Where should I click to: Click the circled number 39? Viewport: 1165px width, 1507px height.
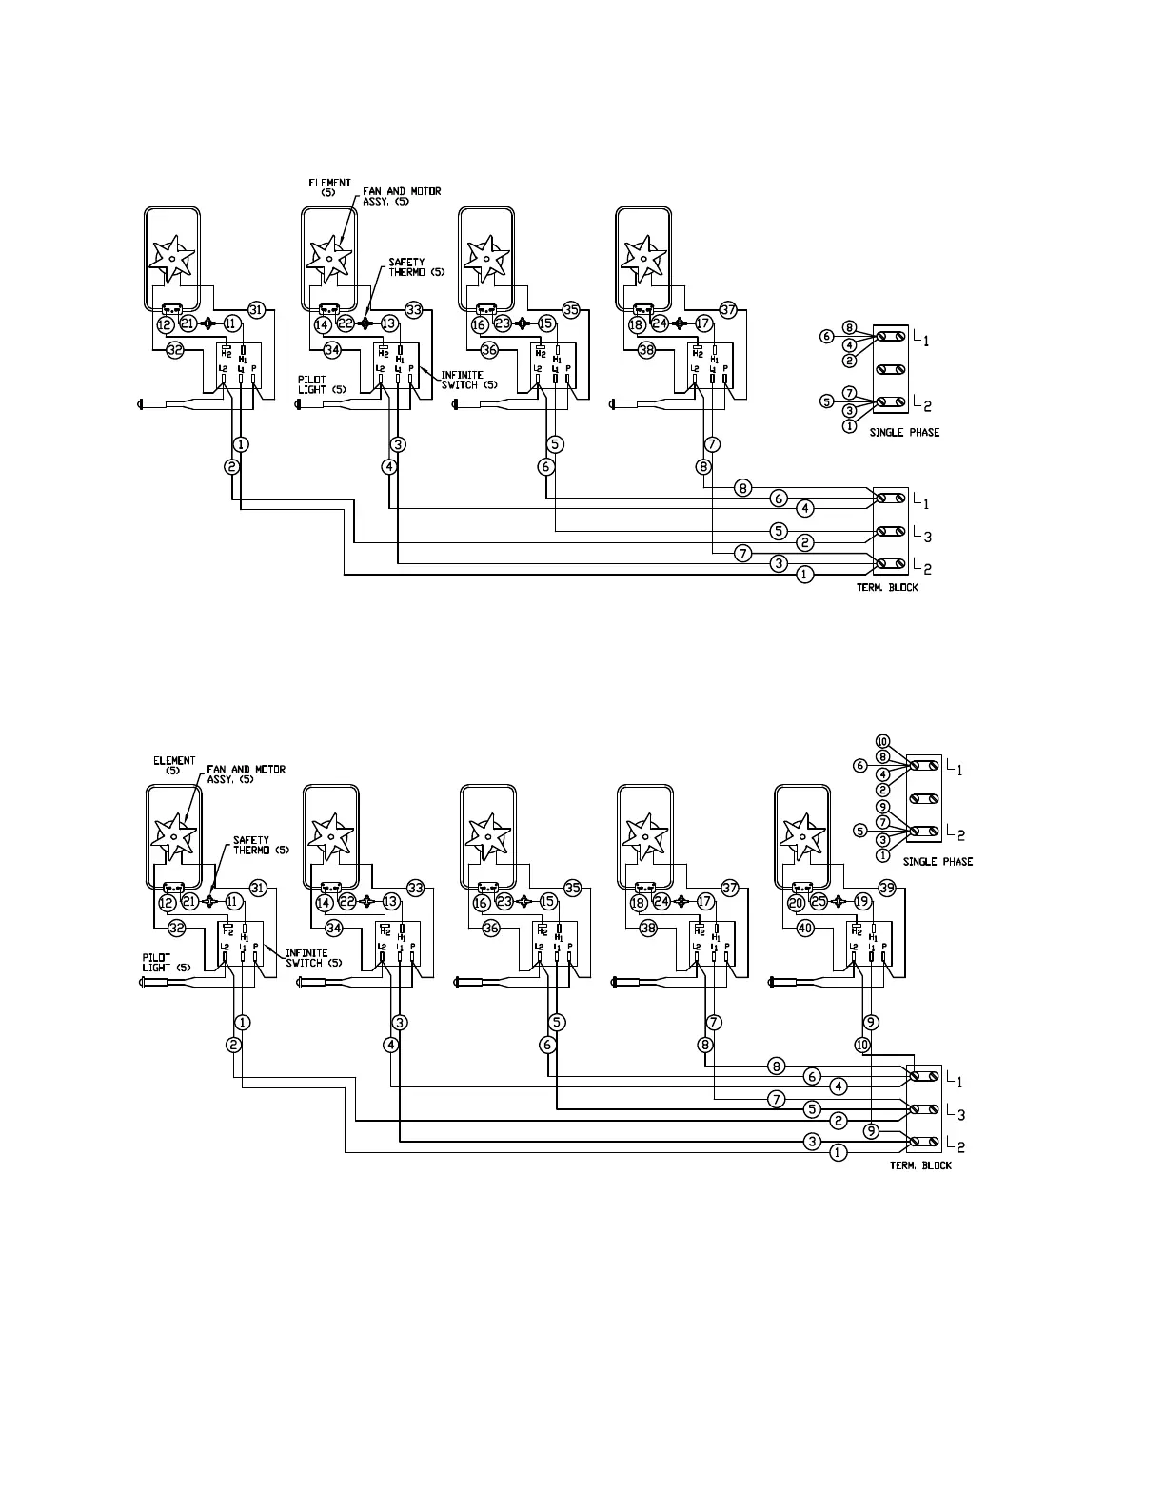[x=887, y=888]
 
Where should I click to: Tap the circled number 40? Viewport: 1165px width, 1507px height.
[x=805, y=928]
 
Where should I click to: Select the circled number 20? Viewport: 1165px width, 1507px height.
[x=796, y=902]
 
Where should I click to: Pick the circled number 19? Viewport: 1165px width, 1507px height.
[x=862, y=902]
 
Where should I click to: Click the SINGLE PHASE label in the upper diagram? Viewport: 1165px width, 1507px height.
[x=903, y=433]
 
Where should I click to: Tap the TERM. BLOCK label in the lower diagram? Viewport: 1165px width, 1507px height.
[x=920, y=1165]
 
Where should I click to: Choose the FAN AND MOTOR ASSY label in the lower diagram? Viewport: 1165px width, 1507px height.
[x=246, y=774]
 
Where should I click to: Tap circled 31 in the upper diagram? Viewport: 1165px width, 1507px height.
[x=255, y=309]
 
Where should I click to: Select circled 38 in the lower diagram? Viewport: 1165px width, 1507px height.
[x=648, y=928]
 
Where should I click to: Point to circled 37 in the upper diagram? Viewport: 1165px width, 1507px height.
[x=728, y=309]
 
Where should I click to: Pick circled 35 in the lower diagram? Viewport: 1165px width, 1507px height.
[x=572, y=888]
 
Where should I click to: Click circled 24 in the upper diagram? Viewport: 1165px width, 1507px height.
[x=660, y=323]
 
